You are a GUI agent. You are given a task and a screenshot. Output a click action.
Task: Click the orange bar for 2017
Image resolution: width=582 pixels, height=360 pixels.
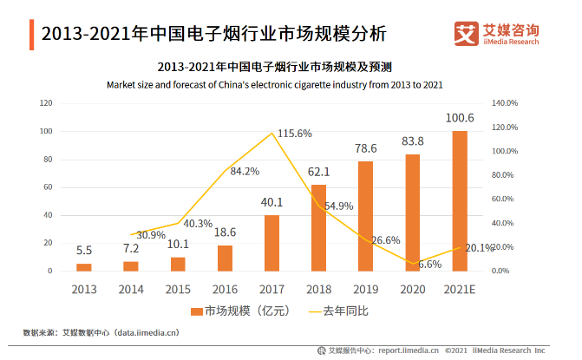point(271,243)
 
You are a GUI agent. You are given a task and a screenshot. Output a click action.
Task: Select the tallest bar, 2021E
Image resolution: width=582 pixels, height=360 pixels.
point(460,201)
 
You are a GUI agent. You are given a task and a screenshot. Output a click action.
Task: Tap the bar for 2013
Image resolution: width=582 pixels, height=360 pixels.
point(83,267)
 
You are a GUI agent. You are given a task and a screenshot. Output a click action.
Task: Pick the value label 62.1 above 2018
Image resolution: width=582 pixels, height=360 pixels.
point(318,171)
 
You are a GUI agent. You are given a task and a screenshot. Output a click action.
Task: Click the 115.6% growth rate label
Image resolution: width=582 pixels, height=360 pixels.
point(295,134)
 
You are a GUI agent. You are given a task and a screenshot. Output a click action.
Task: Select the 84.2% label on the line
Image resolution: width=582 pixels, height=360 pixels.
point(245,171)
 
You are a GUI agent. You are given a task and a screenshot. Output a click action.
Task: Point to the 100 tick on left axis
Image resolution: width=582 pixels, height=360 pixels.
point(45,131)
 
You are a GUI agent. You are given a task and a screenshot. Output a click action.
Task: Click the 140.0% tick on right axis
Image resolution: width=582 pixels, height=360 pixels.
point(504,103)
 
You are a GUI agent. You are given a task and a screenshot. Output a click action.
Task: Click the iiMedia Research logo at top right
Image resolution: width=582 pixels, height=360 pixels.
point(498,34)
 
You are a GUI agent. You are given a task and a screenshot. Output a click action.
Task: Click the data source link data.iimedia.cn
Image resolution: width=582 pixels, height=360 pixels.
point(140,331)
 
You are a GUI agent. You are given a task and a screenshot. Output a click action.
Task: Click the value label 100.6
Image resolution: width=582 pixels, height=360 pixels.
point(460,118)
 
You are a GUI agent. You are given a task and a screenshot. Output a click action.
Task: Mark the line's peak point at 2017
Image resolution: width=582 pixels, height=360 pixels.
point(272,133)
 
